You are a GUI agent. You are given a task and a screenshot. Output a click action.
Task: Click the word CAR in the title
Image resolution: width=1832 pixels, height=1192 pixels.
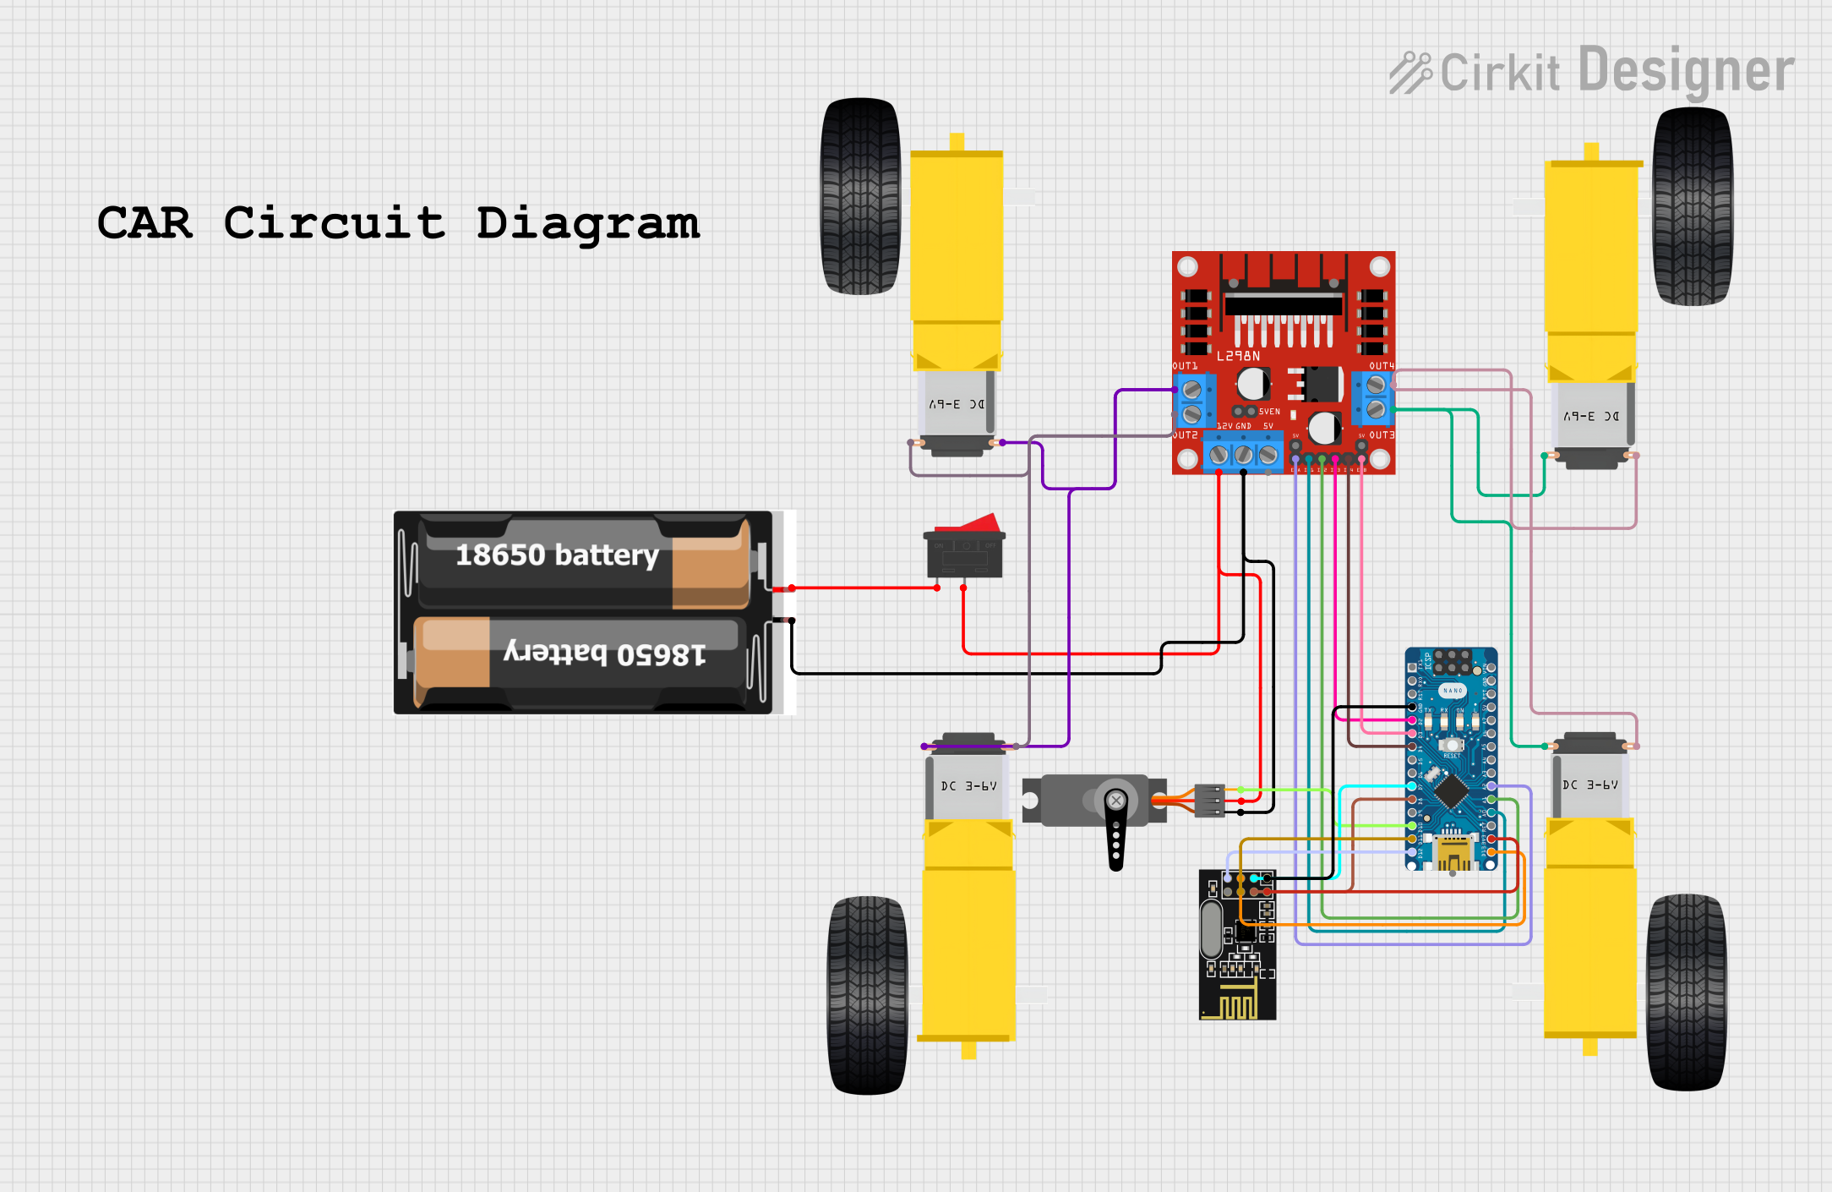[144, 223]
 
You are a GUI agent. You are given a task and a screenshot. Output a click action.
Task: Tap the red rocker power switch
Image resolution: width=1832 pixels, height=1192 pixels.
[964, 547]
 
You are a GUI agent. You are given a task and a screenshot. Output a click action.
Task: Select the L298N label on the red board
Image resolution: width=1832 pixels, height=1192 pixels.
[1238, 356]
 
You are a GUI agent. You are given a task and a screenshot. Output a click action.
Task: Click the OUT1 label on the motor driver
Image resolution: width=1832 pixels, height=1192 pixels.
[1185, 366]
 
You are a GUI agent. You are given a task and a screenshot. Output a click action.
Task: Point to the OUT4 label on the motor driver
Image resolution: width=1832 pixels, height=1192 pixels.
[1382, 366]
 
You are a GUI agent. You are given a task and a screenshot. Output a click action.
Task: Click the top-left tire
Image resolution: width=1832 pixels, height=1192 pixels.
[861, 196]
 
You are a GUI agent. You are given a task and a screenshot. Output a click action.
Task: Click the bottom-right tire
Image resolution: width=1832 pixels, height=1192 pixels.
[1687, 992]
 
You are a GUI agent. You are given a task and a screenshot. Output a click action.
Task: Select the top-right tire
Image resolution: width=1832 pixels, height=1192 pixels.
[1693, 206]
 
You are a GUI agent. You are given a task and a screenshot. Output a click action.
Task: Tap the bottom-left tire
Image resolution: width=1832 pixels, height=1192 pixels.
[868, 995]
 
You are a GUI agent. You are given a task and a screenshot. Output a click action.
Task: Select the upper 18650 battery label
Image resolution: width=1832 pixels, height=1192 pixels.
[557, 555]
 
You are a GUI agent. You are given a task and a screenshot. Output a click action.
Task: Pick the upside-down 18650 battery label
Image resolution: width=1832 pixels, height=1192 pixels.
[605, 653]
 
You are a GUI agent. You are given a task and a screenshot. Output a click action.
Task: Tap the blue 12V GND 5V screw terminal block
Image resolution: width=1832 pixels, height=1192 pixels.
[1243, 455]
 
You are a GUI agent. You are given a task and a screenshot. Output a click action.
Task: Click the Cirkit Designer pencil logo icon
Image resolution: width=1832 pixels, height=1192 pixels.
[1409, 73]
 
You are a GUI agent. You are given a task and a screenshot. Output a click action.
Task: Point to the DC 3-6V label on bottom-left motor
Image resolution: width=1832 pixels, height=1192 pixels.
[968, 785]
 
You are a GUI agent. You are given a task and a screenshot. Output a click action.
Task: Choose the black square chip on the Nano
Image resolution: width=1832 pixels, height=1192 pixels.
[1451, 791]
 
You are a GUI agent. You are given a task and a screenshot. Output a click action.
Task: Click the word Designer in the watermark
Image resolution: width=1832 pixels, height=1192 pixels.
[1686, 71]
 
